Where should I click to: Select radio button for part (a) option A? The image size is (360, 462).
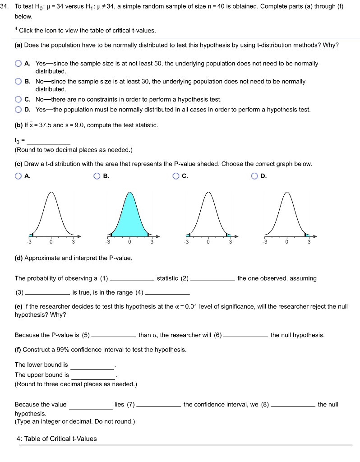[x=18, y=64]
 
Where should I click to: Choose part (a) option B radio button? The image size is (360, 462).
[x=18, y=82]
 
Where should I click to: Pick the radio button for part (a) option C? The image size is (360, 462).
[x=18, y=99]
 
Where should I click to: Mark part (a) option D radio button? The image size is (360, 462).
[x=18, y=109]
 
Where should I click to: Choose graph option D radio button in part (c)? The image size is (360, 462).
[x=255, y=176]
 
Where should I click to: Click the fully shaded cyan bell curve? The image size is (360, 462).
[x=129, y=217]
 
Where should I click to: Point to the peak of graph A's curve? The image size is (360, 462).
[x=51, y=193]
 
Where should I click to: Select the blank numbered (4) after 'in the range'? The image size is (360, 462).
[x=164, y=293]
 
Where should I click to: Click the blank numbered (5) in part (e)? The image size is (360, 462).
[x=113, y=335]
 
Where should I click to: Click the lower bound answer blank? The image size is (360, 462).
[x=92, y=365]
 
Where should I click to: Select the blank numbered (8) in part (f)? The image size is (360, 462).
[x=293, y=405]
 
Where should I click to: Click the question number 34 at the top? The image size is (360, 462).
[x=6, y=7]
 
